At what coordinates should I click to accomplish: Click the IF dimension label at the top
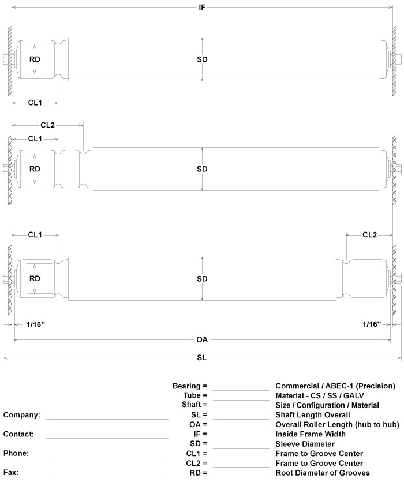click(202, 8)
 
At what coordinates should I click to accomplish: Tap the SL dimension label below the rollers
click(202, 358)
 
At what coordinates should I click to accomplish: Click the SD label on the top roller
click(202, 59)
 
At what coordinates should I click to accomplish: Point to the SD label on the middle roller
click(202, 169)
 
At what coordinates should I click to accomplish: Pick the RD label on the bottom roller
click(35, 278)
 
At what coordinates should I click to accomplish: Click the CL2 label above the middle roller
click(48, 125)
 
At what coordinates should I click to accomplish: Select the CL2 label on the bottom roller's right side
click(369, 234)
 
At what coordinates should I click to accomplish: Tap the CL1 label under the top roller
click(35, 103)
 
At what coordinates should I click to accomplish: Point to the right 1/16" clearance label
click(372, 324)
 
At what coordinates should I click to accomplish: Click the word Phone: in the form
click(16, 453)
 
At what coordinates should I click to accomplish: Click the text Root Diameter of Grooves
click(323, 473)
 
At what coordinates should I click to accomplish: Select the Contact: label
click(18, 434)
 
